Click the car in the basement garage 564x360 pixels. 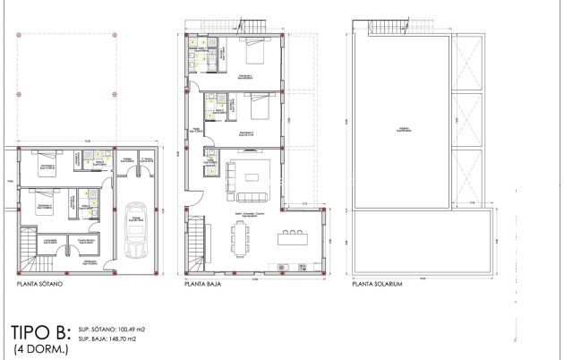pyautogui.click(x=138, y=236)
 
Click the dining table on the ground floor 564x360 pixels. pyautogui.click(x=242, y=237)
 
